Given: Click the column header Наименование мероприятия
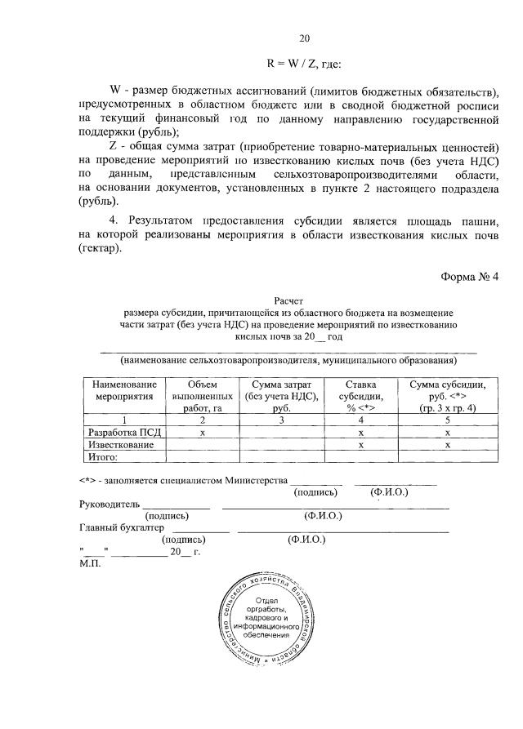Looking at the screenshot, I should coord(123,390).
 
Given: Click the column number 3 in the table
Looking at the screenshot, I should coord(280,420).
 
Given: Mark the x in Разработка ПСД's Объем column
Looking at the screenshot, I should coord(202,433).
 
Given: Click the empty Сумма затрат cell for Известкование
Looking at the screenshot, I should coord(280,445).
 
